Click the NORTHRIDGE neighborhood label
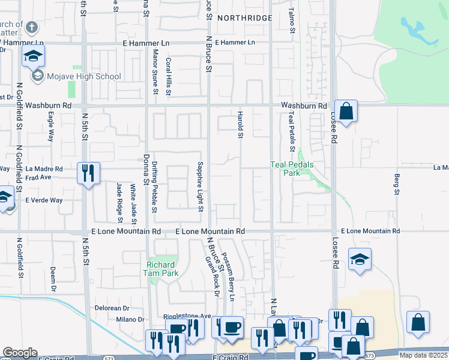coord(244,18)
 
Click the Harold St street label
coord(240,125)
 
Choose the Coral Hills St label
coord(169,76)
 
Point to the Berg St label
coord(397,184)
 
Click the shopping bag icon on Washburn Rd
coord(346,111)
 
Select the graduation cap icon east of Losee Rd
coord(360,259)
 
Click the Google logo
coord(20,353)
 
